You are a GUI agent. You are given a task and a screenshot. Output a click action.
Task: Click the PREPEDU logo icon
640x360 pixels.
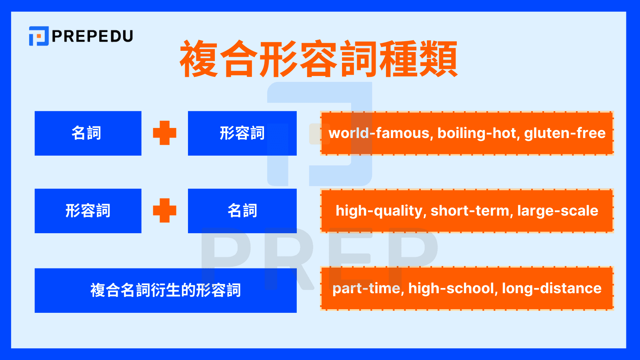point(39,36)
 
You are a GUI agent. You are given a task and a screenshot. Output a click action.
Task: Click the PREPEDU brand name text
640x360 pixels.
point(92,36)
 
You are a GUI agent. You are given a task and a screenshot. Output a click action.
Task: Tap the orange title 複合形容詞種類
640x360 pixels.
point(319,59)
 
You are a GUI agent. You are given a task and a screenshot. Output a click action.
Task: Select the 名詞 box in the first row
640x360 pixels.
point(88,133)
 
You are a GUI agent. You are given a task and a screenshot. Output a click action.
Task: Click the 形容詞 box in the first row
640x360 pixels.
point(242,133)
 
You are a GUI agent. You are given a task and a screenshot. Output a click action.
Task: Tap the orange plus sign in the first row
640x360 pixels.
point(164,133)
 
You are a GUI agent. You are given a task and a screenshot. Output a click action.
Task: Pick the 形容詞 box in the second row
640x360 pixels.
point(88,211)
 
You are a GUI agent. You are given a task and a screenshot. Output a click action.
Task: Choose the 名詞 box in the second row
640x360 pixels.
point(242,211)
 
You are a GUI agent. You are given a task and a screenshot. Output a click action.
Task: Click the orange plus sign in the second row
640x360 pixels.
point(164,210)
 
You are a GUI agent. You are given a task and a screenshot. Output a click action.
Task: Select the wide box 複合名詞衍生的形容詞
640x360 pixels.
point(166,290)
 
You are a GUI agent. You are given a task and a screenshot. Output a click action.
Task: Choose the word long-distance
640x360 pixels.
point(552,288)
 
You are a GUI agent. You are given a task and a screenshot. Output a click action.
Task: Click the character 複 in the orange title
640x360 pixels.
point(199,59)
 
